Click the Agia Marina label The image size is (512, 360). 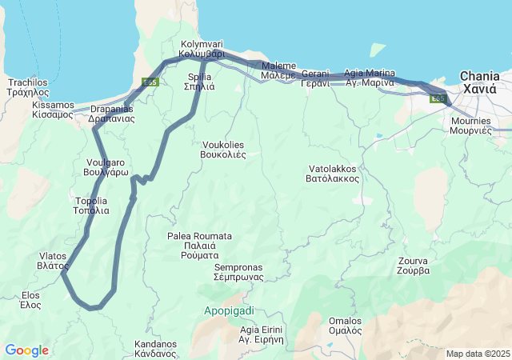[369, 78]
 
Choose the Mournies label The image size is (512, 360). [470, 125]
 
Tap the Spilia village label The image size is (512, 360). [199, 82]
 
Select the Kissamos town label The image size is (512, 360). [52, 110]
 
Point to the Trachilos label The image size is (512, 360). [28, 87]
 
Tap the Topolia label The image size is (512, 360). [91, 206]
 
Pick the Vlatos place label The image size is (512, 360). [53, 261]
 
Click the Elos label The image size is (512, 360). [30, 299]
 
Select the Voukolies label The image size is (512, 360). [222, 150]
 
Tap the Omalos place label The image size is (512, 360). [345, 326]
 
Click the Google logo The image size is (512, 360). [26, 350]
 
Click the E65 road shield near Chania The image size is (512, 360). [437, 98]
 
